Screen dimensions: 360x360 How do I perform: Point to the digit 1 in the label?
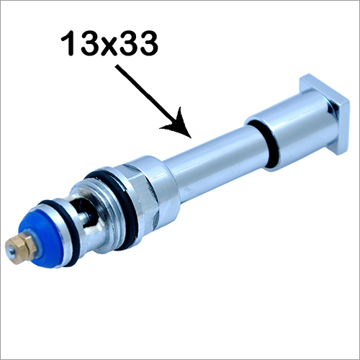point(71,45)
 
